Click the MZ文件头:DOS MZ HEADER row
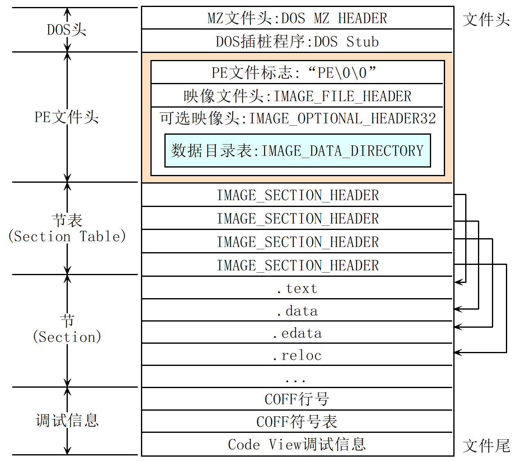297,18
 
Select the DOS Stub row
297,41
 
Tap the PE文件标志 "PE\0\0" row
297,73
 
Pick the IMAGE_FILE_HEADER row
297,96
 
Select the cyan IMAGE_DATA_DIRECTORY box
297,151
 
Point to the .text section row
297,288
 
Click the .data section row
297,311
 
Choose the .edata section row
297,333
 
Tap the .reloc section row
297,355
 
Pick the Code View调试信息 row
297,444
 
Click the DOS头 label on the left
67,30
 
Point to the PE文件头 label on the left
67,117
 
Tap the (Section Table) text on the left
67,237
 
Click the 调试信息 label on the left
67,421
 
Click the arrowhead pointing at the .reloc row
457,352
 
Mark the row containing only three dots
297,377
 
